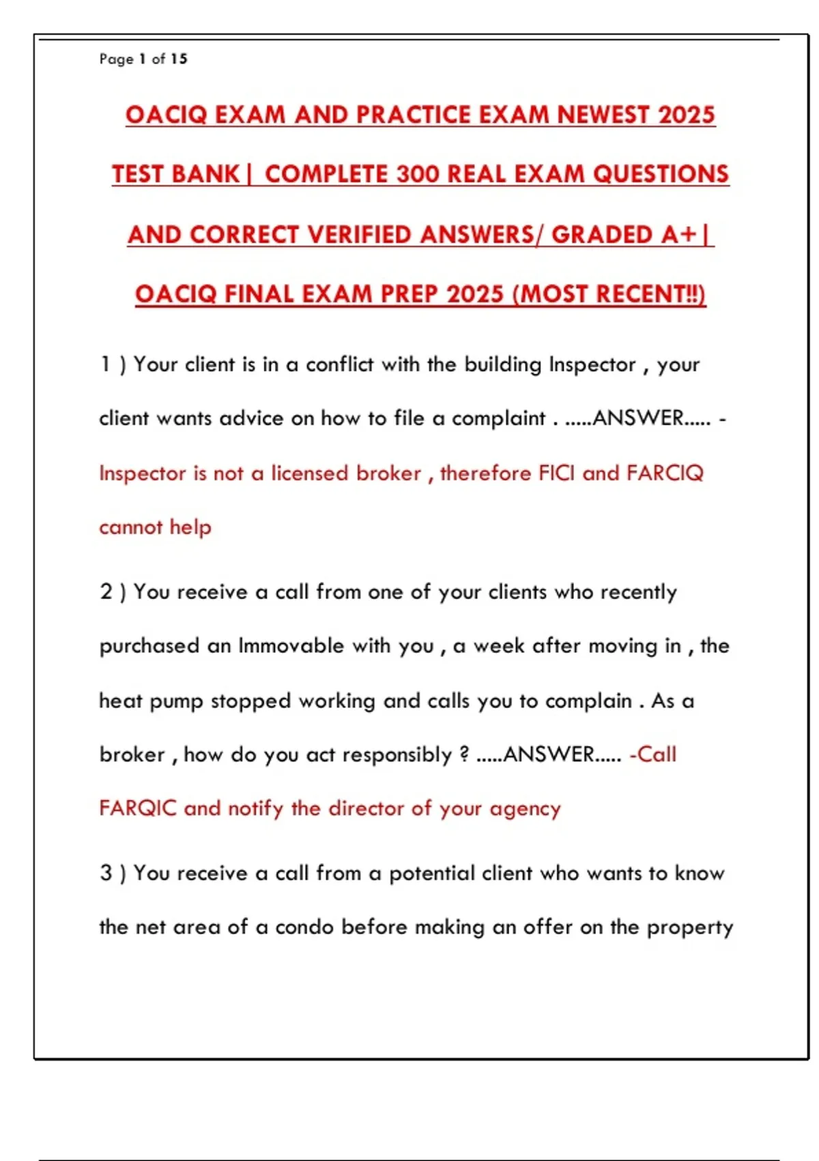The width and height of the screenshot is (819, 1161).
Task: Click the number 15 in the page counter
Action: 179,59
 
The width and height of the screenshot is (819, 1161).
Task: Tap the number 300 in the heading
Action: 418,174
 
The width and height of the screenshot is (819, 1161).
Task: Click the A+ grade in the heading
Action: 678,234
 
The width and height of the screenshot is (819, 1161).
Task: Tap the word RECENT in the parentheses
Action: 640,294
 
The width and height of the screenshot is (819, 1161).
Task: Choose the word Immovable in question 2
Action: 291,646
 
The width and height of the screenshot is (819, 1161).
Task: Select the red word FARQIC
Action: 138,809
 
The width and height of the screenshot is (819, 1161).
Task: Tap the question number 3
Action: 106,873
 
